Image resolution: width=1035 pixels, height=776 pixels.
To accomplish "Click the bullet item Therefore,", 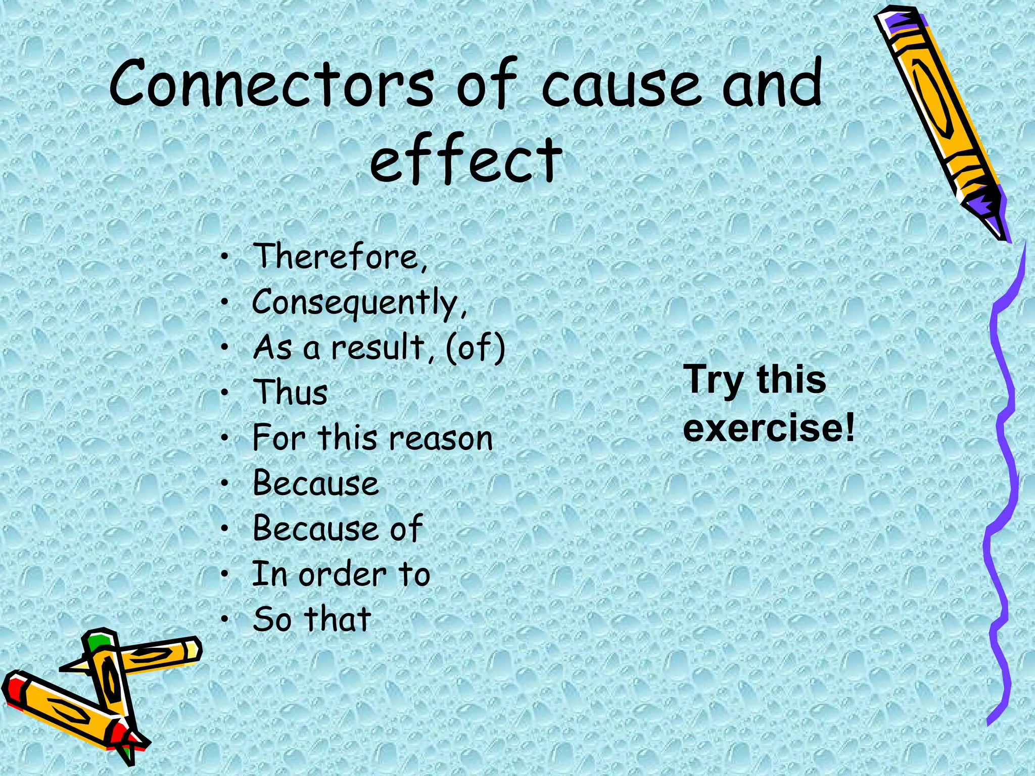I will pos(340,257).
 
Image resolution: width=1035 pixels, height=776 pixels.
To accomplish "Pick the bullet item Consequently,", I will pos(359,303).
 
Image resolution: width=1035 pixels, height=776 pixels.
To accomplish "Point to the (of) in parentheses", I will pos(475,348).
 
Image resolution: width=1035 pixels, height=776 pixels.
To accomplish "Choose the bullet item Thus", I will pos(290,392).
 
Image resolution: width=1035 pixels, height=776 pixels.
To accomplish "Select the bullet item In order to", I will pos(341,574).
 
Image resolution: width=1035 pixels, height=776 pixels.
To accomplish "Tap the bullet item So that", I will pos(312,619).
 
